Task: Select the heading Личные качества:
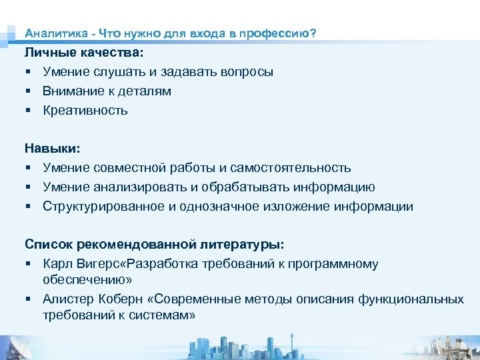84,52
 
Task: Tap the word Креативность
85,110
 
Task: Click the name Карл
57,264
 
